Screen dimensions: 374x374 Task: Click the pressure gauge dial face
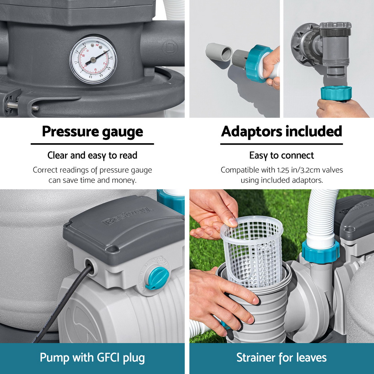tap(93, 59)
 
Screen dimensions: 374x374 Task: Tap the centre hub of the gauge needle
tap(93, 60)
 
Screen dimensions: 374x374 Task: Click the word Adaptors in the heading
tap(251, 131)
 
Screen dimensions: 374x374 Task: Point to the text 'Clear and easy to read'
tap(92, 155)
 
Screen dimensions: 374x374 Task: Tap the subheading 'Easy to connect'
tap(282, 155)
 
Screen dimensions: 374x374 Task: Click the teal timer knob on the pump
tap(158, 278)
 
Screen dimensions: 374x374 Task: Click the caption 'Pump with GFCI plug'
tap(92, 358)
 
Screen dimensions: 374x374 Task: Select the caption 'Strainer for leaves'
tap(282, 358)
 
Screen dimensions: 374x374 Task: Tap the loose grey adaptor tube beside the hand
tap(219, 52)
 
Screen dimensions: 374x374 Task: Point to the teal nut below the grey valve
tap(336, 93)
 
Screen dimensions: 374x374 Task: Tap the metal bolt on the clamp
tap(23, 106)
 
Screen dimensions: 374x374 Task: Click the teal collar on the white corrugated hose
tap(321, 252)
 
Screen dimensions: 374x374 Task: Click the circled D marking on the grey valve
tap(170, 47)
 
